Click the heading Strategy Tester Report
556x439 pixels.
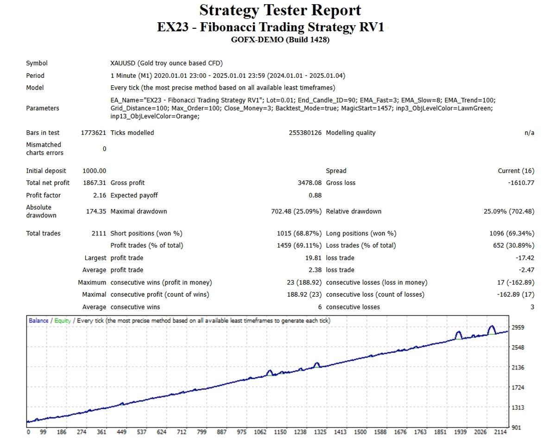coord(280,10)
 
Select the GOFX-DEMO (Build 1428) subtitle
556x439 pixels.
coord(280,40)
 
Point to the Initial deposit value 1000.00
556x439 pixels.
coord(95,171)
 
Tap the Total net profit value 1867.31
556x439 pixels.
coord(95,183)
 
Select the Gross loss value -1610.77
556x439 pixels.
coord(521,183)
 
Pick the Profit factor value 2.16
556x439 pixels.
coord(100,196)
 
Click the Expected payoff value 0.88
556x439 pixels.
coord(315,196)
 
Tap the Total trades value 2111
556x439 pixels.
coord(99,234)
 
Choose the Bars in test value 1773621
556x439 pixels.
coord(93,133)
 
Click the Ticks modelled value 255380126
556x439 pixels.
coord(305,133)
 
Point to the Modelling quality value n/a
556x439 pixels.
coord(529,133)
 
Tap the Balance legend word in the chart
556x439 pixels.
coord(38,321)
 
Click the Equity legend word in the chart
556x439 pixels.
coord(63,321)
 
